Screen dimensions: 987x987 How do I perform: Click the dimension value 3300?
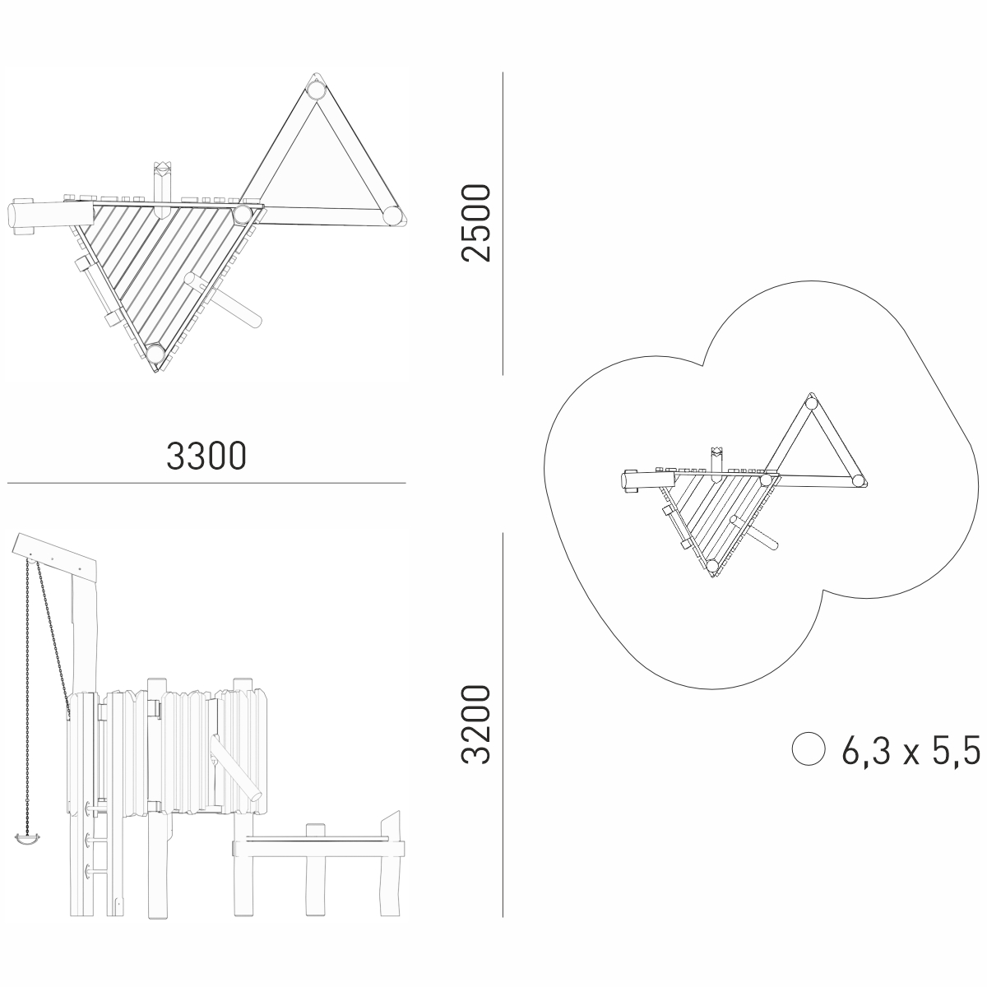(x=206, y=456)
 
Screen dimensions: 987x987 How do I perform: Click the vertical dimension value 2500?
(x=476, y=223)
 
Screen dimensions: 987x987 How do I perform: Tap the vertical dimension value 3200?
(x=476, y=725)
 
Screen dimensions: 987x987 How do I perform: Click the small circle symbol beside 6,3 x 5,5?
(x=809, y=748)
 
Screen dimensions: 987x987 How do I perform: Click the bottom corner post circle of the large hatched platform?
(x=155, y=354)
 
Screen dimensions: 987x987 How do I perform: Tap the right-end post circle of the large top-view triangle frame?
(x=393, y=215)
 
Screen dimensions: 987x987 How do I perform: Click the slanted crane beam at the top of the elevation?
(x=57, y=557)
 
